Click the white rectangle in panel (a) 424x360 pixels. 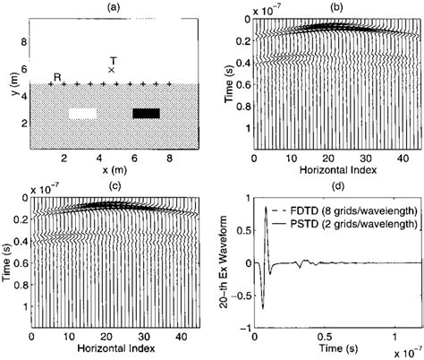(82, 114)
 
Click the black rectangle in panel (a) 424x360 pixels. (146, 113)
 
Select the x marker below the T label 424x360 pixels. (112, 69)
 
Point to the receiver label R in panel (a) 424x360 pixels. (57, 76)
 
